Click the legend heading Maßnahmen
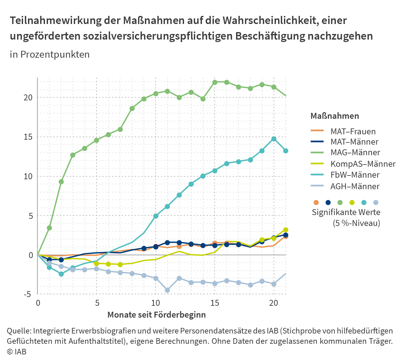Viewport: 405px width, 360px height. click(x=335, y=116)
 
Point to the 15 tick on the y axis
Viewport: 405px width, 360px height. click(x=29, y=137)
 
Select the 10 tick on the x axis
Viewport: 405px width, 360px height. click(x=155, y=303)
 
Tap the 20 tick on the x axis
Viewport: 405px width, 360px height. click(x=273, y=303)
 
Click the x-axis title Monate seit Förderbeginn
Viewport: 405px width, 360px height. click(x=157, y=315)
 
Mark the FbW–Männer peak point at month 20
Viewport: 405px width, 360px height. click(x=274, y=139)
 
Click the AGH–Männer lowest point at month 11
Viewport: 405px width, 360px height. click(x=167, y=290)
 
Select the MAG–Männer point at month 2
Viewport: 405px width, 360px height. click(x=61, y=182)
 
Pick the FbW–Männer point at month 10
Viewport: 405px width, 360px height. click(x=156, y=216)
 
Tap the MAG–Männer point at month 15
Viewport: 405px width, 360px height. click(x=215, y=82)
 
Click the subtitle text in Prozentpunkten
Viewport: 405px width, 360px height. click(x=50, y=55)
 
